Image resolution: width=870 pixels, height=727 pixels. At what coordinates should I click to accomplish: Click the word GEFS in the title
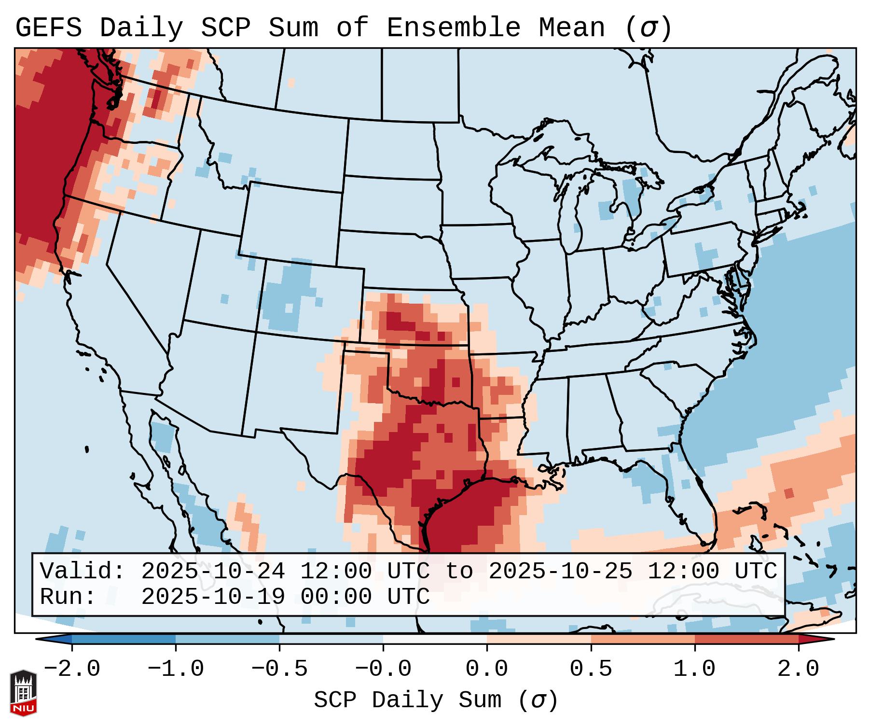(x=48, y=28)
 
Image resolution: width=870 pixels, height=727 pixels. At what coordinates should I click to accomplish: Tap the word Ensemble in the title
(x=454, y=28)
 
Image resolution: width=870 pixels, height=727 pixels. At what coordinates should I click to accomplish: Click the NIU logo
(x=23, y=693)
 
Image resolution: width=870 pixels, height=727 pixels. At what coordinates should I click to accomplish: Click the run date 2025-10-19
(x=213, y=597)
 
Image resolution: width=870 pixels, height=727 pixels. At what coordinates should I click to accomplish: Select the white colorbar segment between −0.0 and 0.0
(x=435, y=639)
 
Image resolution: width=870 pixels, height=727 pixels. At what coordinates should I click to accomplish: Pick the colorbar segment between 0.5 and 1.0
(x=643, y=639)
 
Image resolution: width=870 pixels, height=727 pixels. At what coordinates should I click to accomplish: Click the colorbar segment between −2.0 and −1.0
(x=124, y=639)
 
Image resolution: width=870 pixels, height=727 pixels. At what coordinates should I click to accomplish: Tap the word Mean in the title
(x=572, y=28)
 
